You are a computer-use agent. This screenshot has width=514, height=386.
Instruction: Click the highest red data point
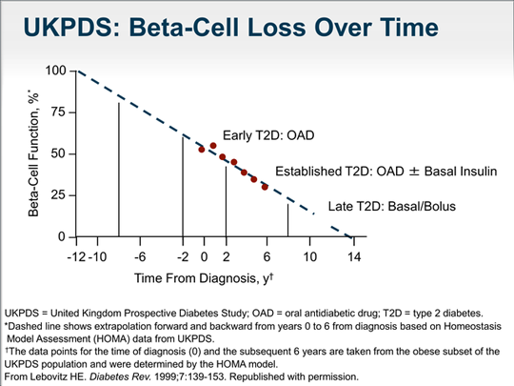pos(212,146)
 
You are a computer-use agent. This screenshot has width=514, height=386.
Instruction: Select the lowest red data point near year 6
pos(265,187)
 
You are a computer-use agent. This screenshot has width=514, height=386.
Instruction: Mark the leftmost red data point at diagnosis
pos(202,150)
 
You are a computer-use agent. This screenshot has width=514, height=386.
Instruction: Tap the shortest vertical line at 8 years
pos(288,220)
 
